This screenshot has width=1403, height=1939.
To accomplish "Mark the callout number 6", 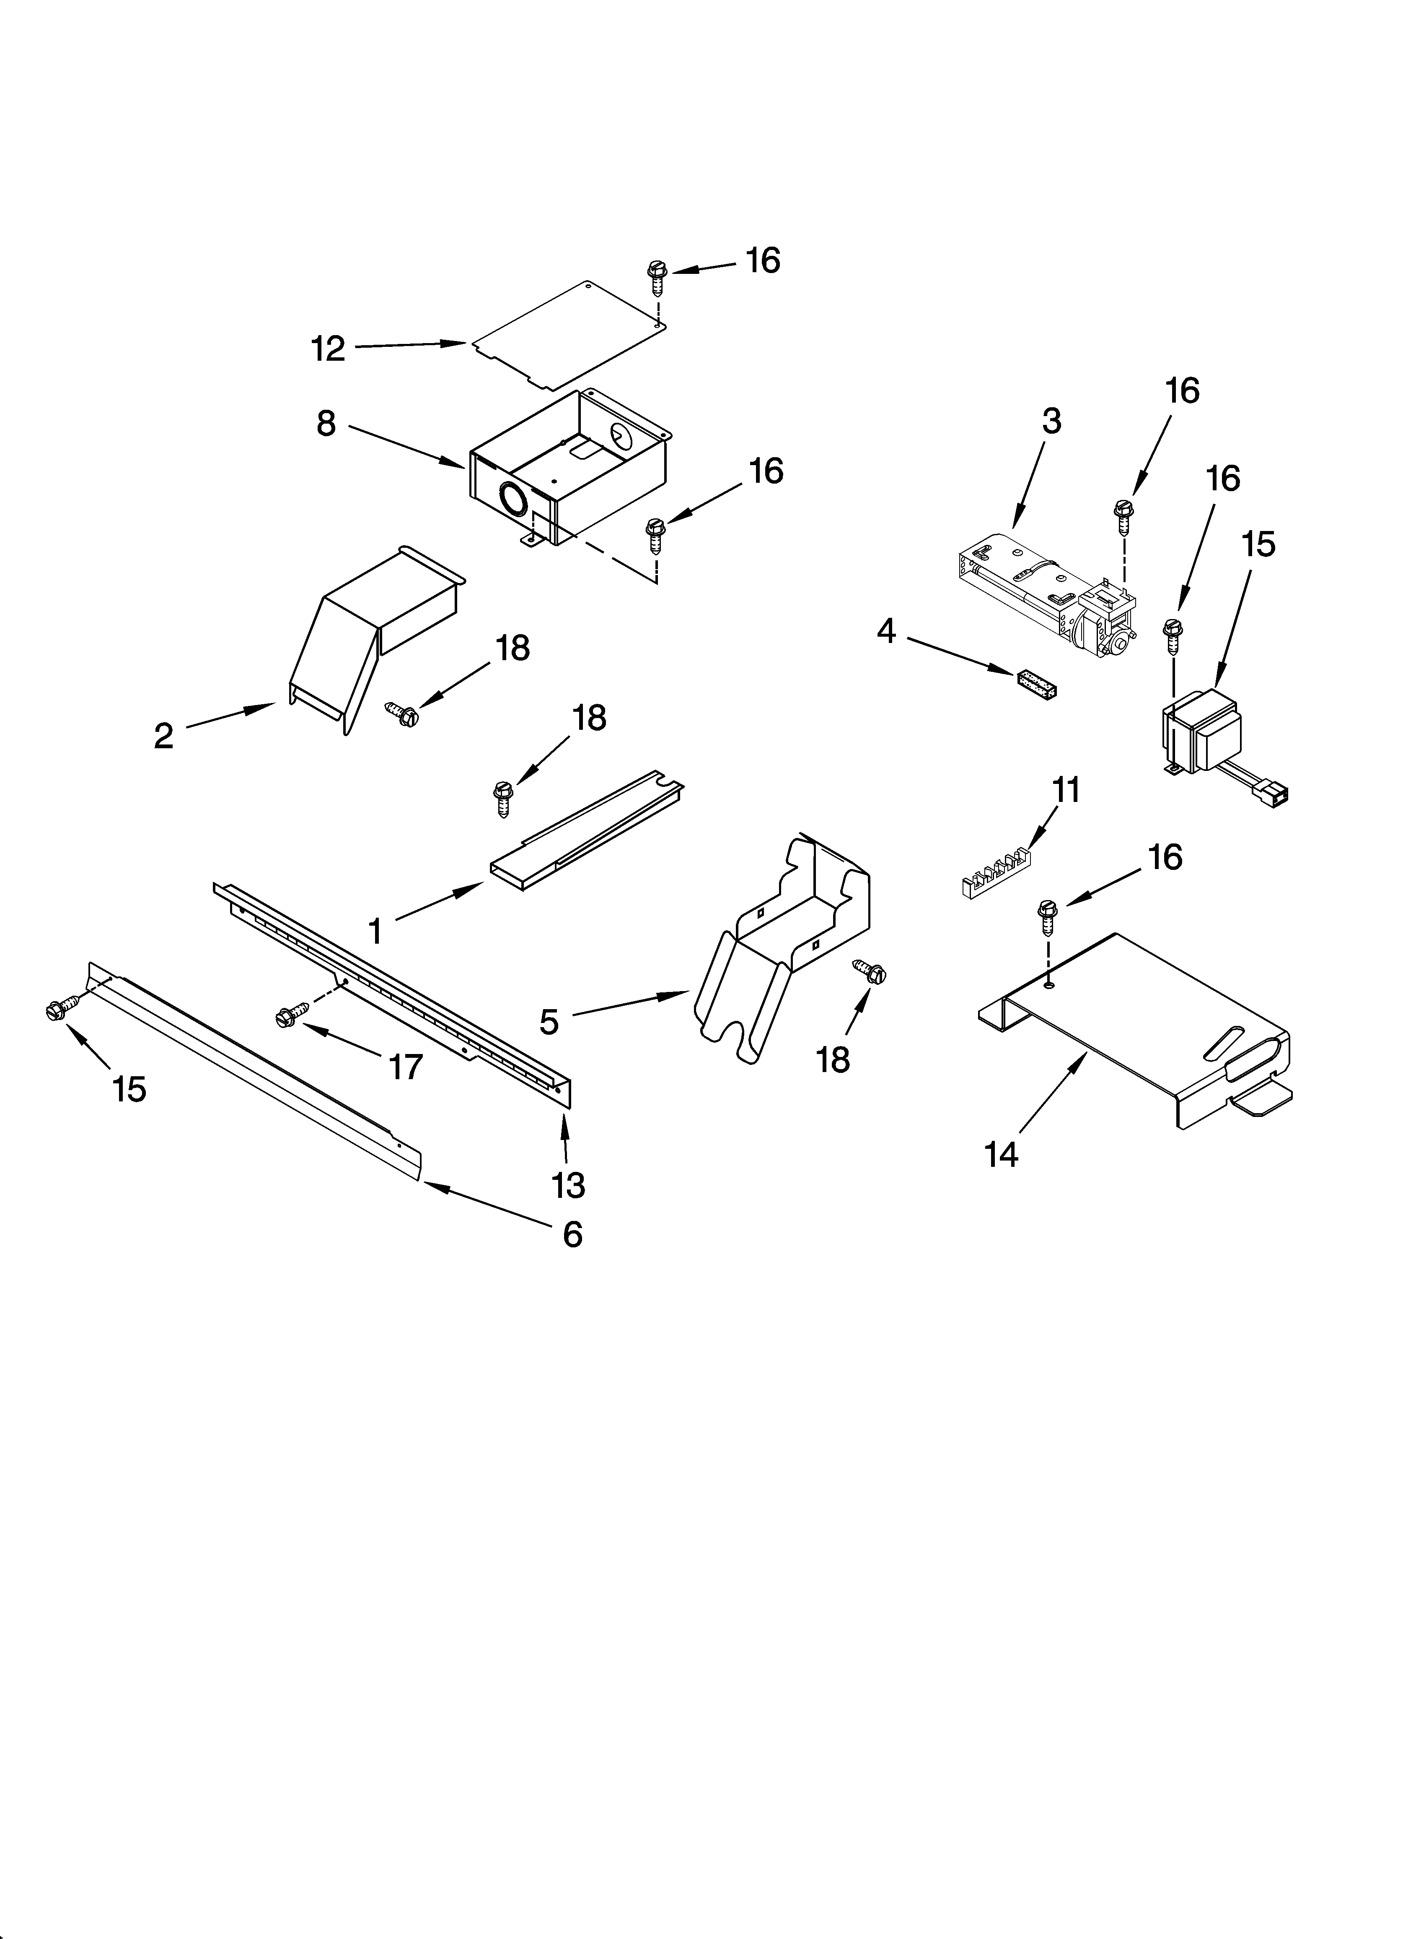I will pos(572,1234).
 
